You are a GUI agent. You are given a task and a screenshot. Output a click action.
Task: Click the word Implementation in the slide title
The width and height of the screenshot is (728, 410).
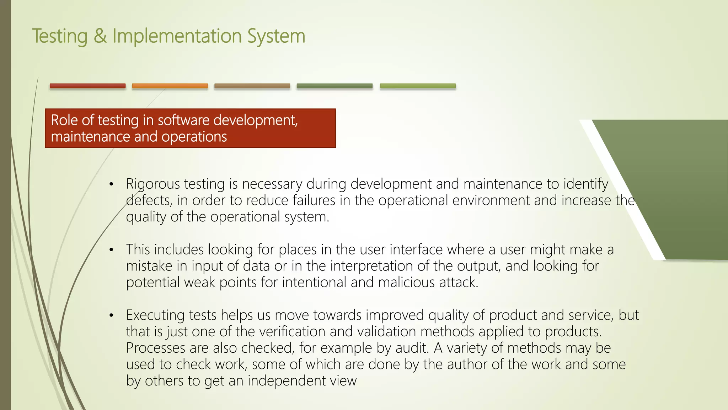click(x=177, y=36)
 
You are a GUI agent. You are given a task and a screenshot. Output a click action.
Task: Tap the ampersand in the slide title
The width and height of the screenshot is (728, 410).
click(x=100, y=36)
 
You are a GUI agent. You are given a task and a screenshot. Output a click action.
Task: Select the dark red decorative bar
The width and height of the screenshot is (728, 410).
click(x=87, y=86)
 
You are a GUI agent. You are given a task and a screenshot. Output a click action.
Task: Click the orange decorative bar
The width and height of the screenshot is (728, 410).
click(x=170, y=86)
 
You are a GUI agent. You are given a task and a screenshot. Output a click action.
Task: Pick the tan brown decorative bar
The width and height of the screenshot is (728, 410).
click(x=252, y=86)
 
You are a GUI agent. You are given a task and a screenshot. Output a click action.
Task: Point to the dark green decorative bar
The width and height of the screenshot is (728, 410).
click(x=334, y=86)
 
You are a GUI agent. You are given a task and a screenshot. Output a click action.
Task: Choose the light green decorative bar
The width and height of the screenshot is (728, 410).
click(x=418, y=86)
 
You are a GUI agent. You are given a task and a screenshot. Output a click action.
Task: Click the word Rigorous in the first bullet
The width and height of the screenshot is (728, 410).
click(x=153, y=184)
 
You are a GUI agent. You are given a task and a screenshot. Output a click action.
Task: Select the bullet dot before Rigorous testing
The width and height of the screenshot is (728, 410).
click(x=111, y=184)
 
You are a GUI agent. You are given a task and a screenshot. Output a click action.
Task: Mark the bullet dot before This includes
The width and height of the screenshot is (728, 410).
click(x=111, y=250)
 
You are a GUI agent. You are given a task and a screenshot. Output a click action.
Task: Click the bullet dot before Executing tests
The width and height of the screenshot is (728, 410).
click(x=111, y=315)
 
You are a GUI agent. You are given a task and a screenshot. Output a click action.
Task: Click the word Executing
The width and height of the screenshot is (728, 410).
click(x=155, y=315)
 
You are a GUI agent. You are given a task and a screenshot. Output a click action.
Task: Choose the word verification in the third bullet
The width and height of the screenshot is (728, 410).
click(x=292, y=332)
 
